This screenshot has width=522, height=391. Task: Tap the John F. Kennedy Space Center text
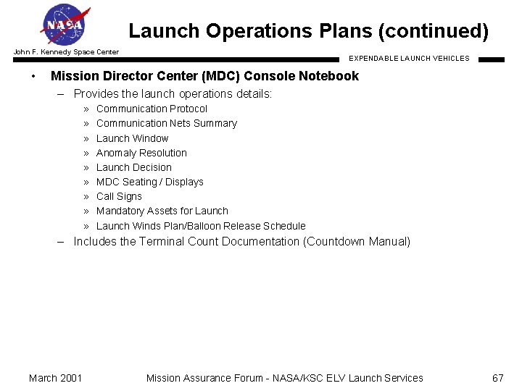(x=66, y=52)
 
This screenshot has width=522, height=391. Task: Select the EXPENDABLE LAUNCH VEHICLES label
(x=409, y=58)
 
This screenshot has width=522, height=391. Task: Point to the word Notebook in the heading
(x=330, y=76)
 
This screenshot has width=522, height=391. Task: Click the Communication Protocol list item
(x=152, y=109)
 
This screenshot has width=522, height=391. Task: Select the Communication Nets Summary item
(x=166, y=123)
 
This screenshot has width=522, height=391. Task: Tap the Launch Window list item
(x=132, y=138)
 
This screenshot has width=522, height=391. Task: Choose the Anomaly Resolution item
(x=141, y=153)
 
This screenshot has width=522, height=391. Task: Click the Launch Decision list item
(x=133, y=167)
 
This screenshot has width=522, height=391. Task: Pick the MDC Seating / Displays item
(x=149, y=182)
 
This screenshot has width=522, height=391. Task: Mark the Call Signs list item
(x=119, y=196)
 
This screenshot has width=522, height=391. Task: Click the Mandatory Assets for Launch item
(x=162, y=211)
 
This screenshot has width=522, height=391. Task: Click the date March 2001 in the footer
(x=55, y=377)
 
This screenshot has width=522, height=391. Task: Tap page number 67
(x=497, y=377)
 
